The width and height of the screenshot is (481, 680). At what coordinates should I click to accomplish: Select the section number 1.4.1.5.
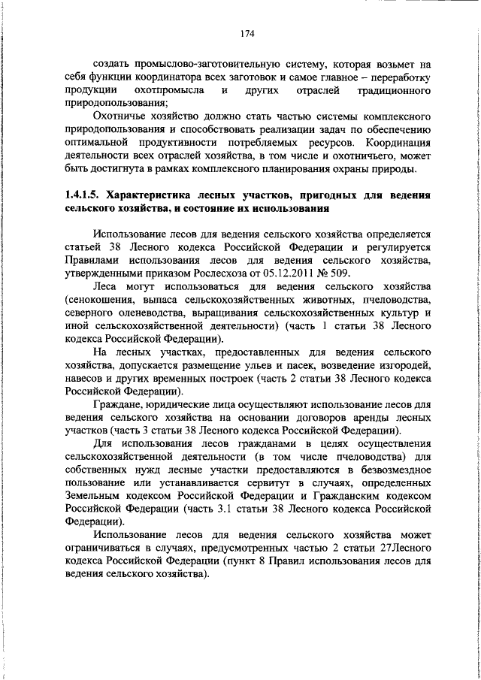click(87, 195)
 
